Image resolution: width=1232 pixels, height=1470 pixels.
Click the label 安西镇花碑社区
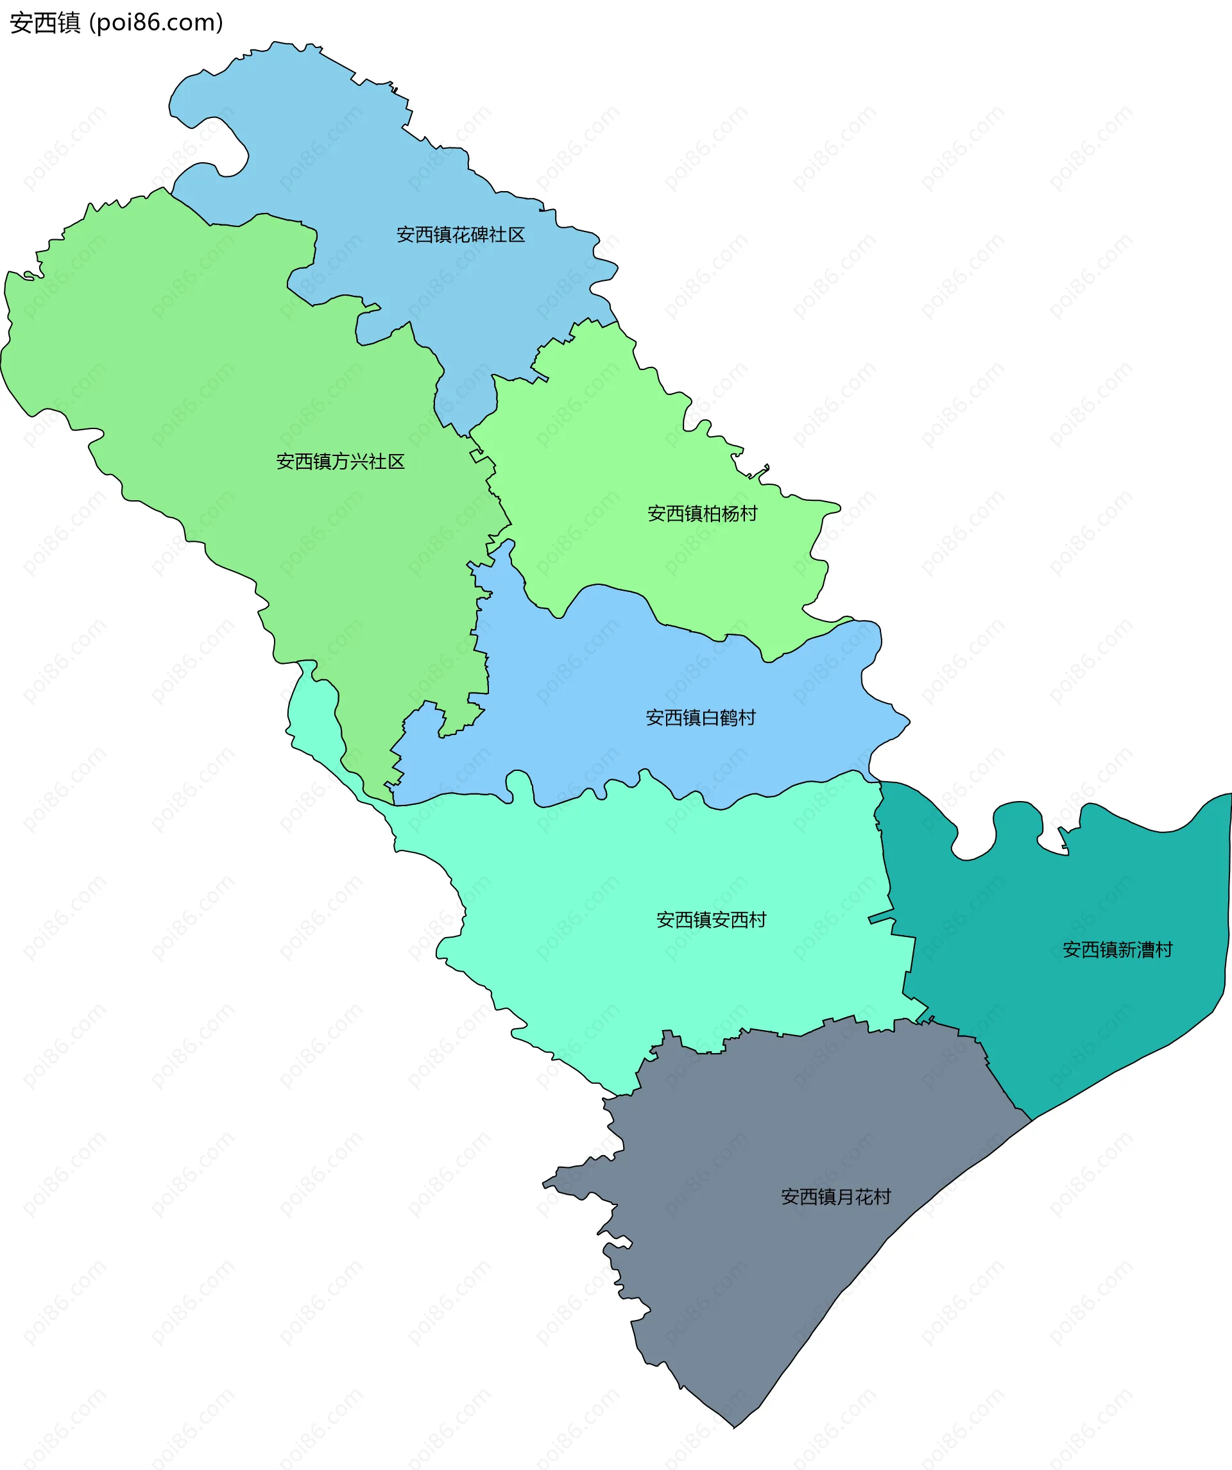click(x=460, y=235)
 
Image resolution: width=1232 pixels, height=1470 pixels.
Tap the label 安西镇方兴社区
click(x=340, y=461)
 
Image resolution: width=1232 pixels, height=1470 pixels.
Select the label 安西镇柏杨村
click(x=702, y=514)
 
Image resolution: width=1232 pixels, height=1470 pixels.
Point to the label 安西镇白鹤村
click(x=701, y=718)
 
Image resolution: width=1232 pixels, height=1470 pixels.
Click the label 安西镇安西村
click(x=711, y=920)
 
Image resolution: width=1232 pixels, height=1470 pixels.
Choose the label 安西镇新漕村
click(x=1117, y=950)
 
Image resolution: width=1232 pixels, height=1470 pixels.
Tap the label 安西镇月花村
click(x=835, y=1197)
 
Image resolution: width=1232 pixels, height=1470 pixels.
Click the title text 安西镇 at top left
click(x=46, y=23)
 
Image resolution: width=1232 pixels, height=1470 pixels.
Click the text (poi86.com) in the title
click(x=156, y=23)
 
